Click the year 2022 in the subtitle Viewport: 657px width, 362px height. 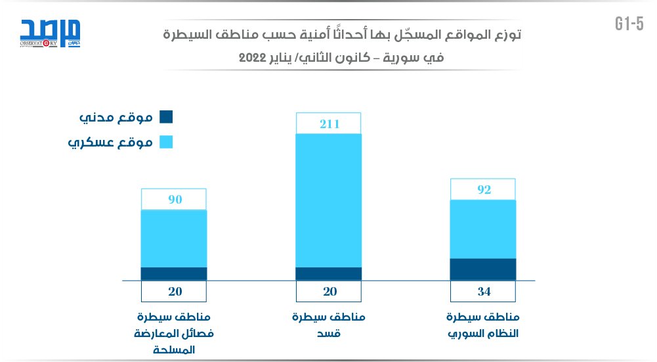(x=251, y=57)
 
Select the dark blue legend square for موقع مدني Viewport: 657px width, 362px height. (x=166, y=118)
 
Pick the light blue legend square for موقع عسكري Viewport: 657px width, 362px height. (x=166, y=142)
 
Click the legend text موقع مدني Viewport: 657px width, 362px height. (x=116, y=118)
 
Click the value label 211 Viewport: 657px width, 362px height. (x=329, y=123)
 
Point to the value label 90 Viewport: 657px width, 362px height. (x=175, y=199)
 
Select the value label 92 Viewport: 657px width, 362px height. (x=483, y=190)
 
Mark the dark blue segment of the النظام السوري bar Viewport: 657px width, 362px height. (x=483, y=269)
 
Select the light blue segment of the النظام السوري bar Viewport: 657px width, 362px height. (x=483, y=229)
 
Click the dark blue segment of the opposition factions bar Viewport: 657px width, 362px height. (x=175, y=274)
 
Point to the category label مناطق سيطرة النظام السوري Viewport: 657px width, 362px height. (x=483, y=325)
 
